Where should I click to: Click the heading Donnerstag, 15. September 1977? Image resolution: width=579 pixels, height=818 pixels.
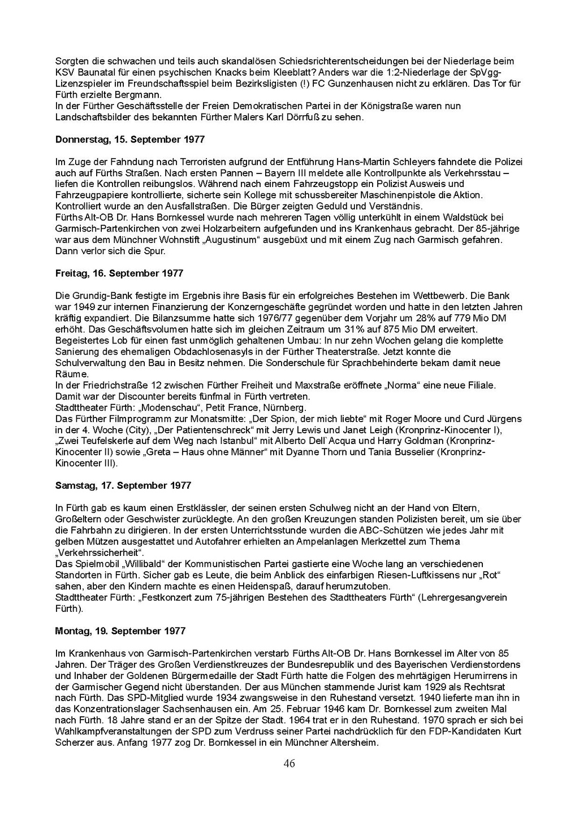pyautogui.click(x=130, y=140)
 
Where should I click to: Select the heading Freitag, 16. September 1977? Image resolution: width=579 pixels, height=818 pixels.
pyautogui.click(x=119, y=273)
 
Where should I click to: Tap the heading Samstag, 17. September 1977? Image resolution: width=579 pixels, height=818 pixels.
pyautogui.click(x=123, y=486)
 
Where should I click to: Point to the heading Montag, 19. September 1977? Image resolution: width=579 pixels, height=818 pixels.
pyautogui.click(x=120, y=631)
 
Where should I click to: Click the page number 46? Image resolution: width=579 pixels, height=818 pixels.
pyautogui.click(x=289, y=764)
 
